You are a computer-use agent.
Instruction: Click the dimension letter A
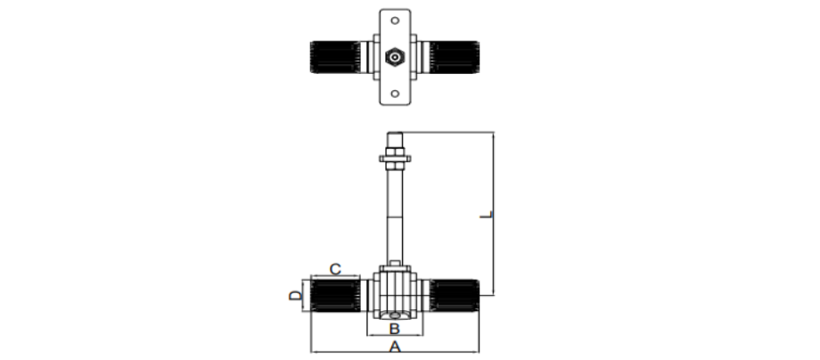(395, 346)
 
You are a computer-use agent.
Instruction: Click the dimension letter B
(395, 329)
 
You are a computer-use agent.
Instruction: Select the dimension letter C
(335, 269)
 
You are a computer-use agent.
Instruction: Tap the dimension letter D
(296, 296)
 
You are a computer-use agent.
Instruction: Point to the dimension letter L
(487, 215)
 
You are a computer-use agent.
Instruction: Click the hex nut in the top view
(395, 56)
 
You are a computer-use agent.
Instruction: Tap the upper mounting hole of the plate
(395, 20)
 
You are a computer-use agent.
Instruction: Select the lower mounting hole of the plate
(395, 94)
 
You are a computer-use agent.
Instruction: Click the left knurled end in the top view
(335, 57)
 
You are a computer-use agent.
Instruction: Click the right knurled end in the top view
(455, 57)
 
